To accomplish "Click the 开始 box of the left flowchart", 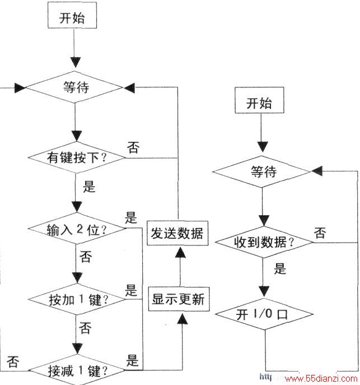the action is pos(72,15).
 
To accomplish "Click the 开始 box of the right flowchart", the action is pos(259,100).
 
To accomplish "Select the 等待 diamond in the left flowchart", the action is pos(74,87).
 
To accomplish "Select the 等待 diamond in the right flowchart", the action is pos(262,171).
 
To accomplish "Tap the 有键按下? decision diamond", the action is pos(76,157).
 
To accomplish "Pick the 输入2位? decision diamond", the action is pos(77,228).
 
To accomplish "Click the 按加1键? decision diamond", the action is pos(77,299).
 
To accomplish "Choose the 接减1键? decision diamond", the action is pos(77,370).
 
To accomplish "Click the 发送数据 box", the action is pos(177,233).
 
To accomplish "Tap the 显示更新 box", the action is pos(179,299).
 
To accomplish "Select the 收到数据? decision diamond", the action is pos(264,242).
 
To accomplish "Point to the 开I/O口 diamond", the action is pos(264,314).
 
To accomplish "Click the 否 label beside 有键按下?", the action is pos(133,147).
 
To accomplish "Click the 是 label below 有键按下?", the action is pos(89,187).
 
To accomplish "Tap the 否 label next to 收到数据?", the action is pos(320,233).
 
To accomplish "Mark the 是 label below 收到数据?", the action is pos(280,268).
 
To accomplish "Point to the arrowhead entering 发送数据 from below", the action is pos(180,252).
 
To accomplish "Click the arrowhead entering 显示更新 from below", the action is pos(182,318).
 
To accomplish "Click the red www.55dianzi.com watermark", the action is pos(321,379).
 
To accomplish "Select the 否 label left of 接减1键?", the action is pos(13,361).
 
